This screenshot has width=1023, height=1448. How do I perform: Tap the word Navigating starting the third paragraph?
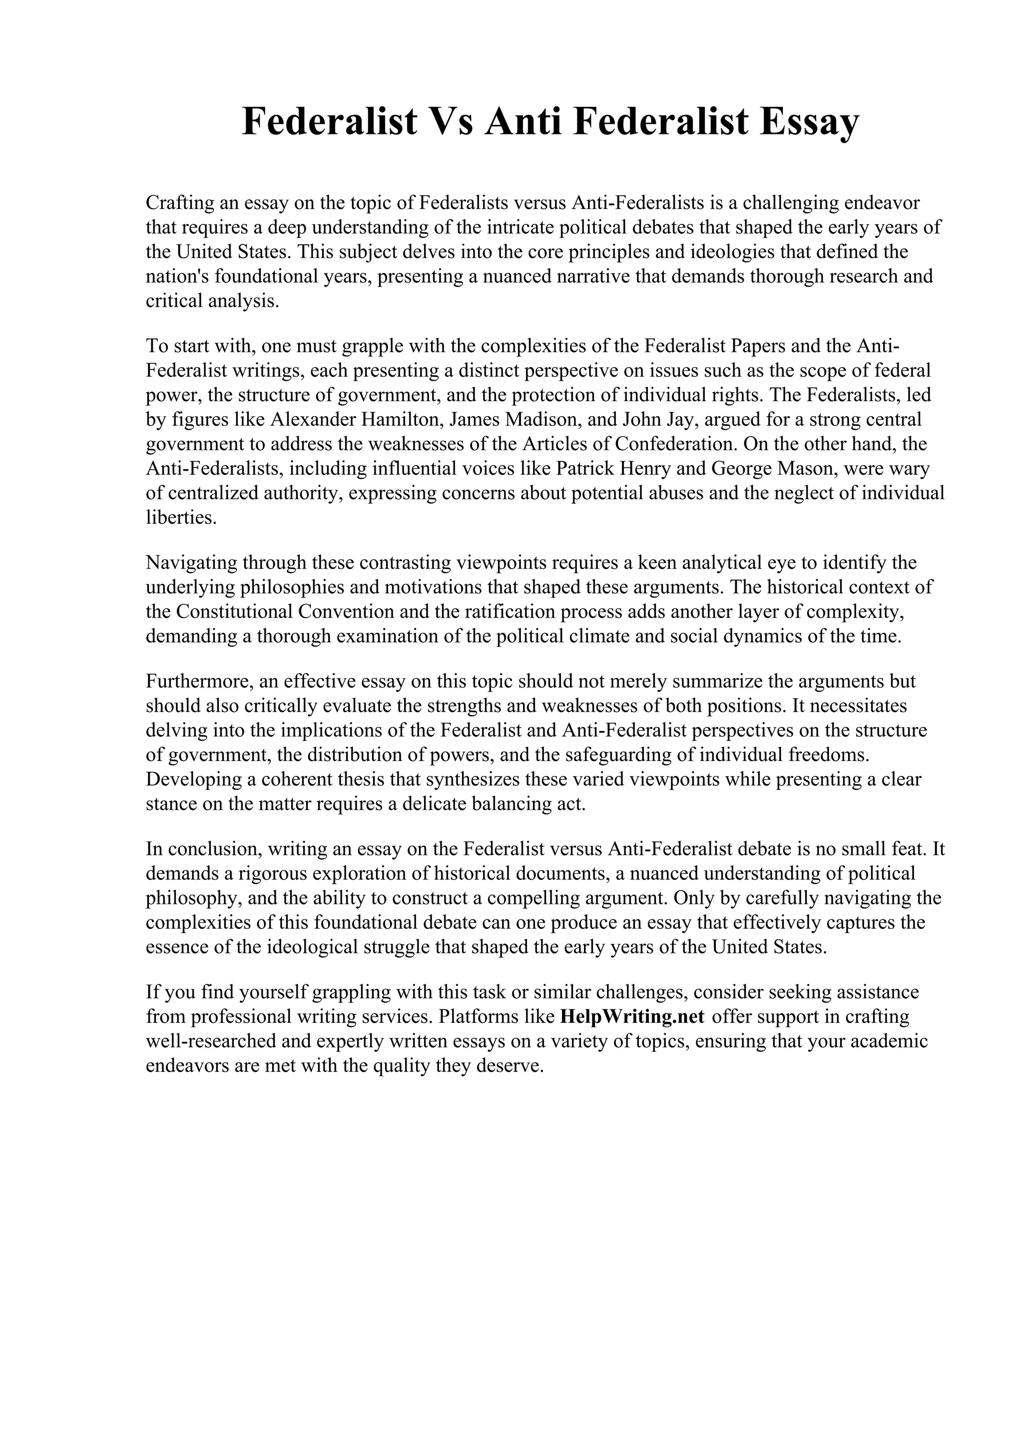coord(190,562)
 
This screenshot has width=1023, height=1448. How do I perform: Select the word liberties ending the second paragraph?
coord(178,518)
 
